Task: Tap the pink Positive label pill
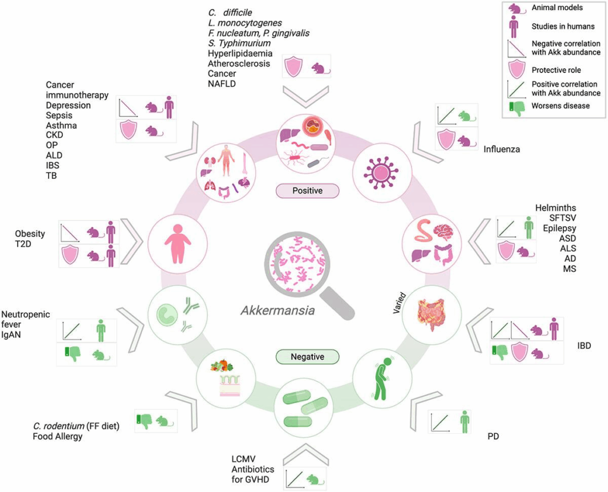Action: tap(307, 191)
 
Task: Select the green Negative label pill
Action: tap(307, 357)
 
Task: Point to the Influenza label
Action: tap(502, 149)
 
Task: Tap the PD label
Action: tap(493, 437)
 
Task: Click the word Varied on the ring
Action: tap(401, 302)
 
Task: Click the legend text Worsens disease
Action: tap(560, 106)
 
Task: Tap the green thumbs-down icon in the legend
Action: tap(515, 107)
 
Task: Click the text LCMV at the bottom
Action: tap(244, 459)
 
